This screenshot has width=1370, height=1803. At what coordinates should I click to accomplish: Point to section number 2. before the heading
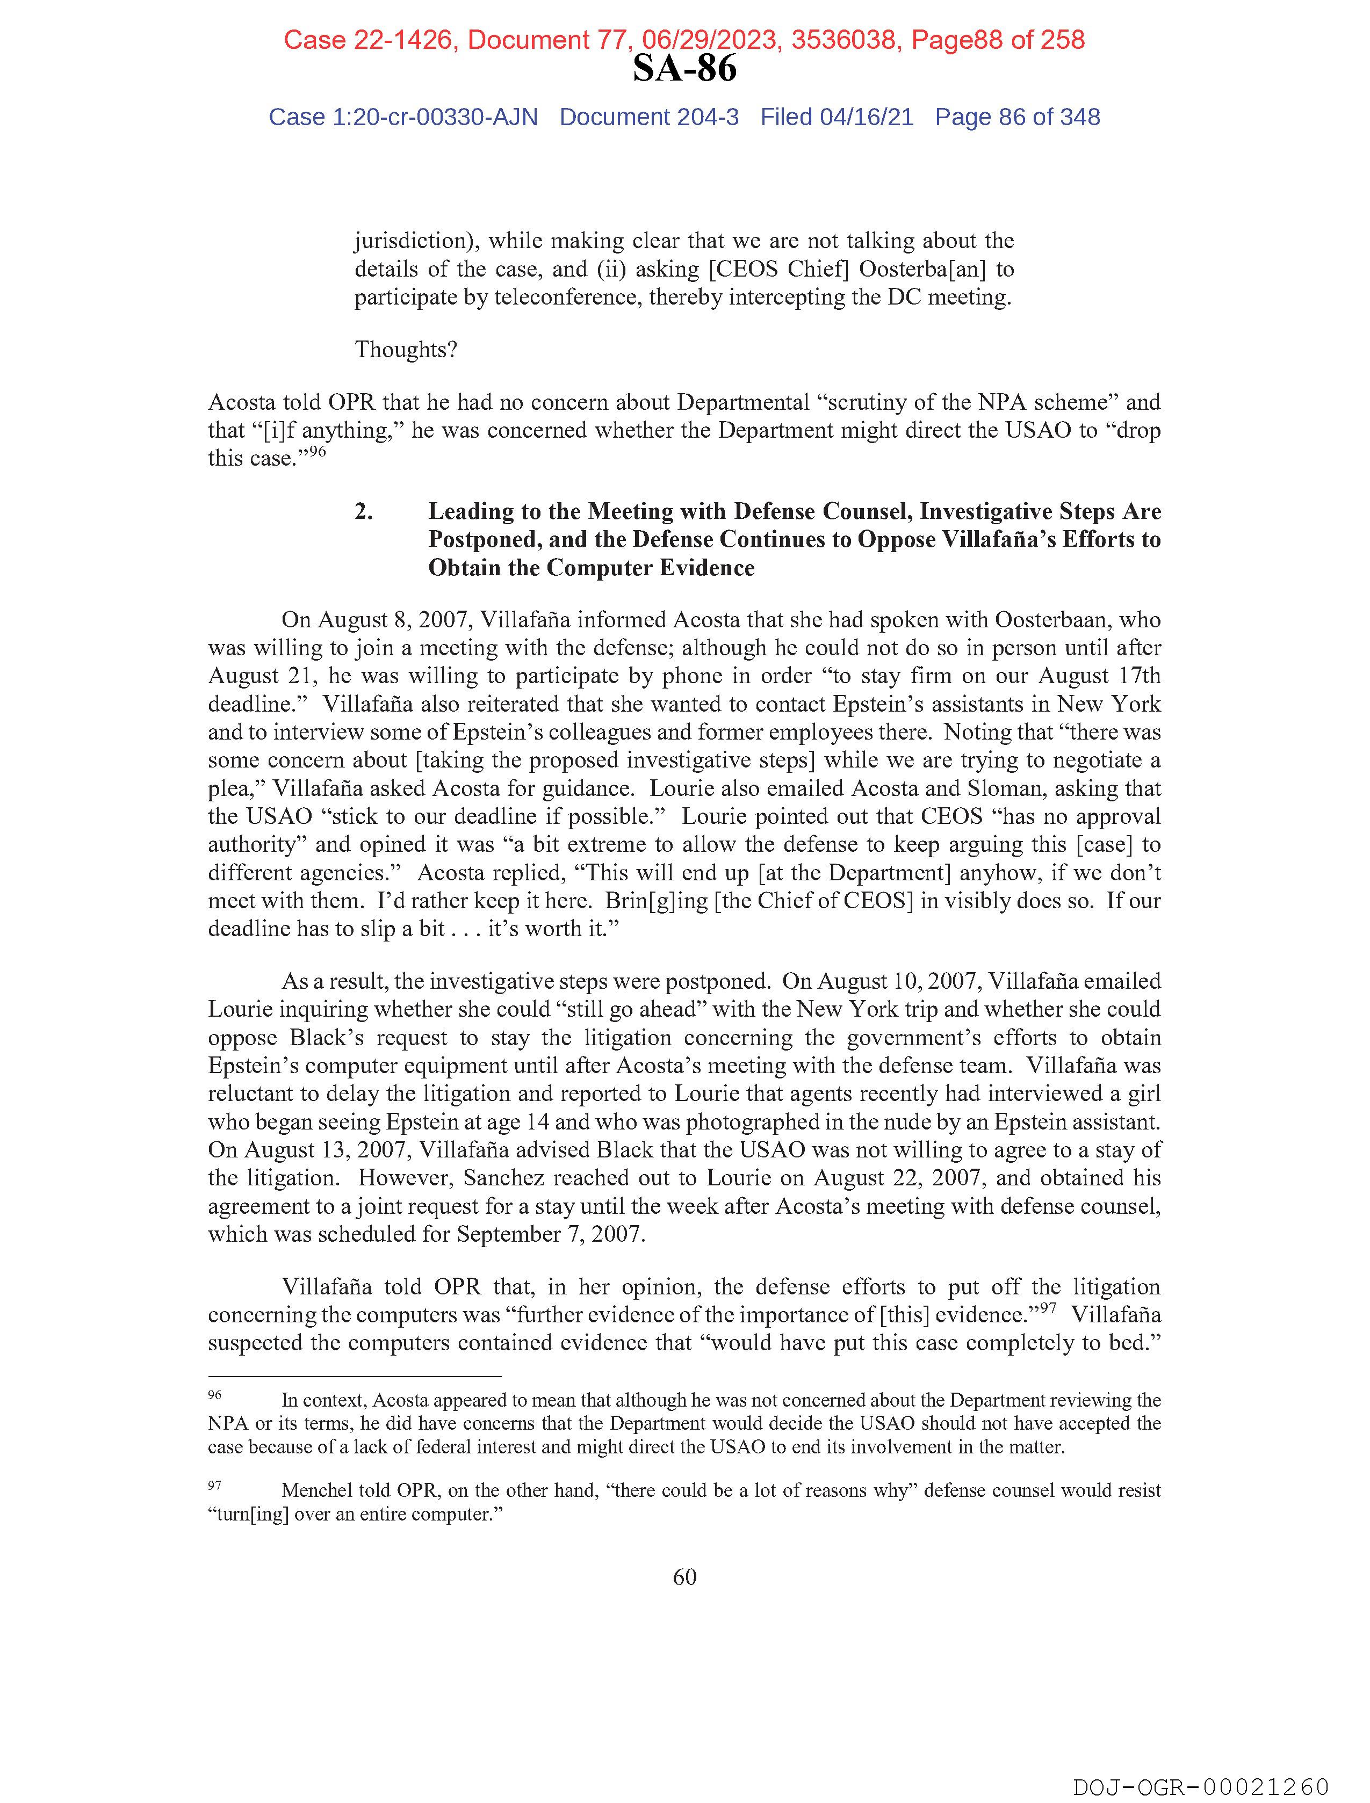[364, 511]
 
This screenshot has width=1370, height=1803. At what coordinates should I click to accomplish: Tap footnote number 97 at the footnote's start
[214, 1485]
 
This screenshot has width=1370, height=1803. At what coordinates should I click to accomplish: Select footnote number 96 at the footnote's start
[214, 1395]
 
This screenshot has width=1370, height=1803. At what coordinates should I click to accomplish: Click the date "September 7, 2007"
[551, 1234]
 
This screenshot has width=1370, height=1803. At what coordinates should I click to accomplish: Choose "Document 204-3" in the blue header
[649, 118]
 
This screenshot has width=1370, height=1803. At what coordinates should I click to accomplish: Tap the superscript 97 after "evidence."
[1048, 1307]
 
